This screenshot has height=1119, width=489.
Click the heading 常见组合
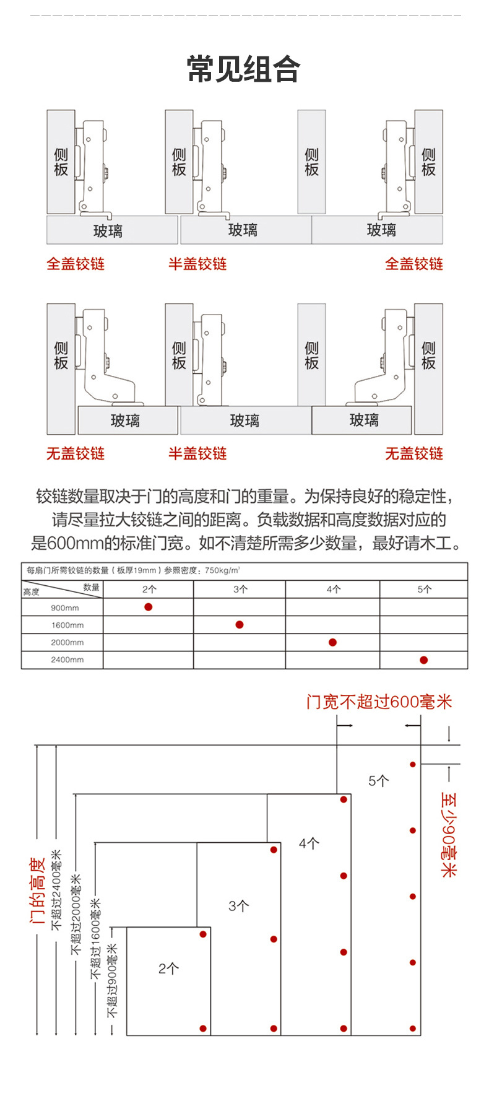click(244, 69)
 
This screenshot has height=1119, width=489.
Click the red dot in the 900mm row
click(148, 607)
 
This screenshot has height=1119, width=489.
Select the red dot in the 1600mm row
click(240, 624)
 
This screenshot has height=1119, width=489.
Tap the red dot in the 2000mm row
click(332, 642)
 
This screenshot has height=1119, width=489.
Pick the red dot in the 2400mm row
click(423, 660)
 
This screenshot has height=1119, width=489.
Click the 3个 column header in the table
click(240, 590)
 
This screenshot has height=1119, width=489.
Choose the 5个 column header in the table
click(424, 590)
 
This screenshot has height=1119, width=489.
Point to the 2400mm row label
click(67, 660)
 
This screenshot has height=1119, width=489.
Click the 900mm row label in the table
click(65, 608)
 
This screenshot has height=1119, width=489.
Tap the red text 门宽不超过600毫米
click(379, 702)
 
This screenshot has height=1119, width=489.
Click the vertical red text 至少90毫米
click(448, 834)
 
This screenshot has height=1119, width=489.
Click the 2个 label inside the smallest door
click(168, 969)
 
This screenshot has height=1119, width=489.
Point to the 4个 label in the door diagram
click(309, 843)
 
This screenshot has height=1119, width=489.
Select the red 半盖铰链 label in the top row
click(197, 264)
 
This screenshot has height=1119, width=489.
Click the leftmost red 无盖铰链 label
click(76, 454)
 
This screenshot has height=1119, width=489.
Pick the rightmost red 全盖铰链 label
click(413, 264)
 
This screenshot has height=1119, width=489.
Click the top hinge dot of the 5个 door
click(413, 764)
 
